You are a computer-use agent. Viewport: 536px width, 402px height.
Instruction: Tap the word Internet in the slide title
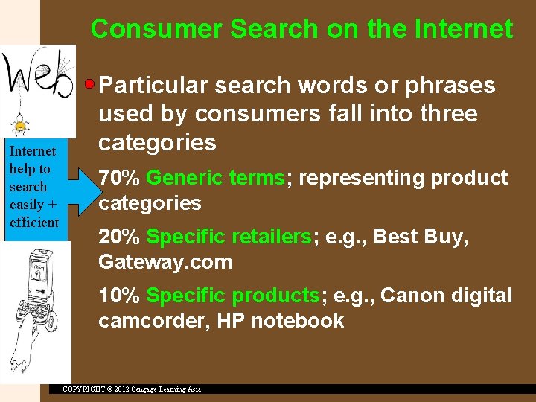468,29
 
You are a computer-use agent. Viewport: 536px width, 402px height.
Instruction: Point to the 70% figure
119,178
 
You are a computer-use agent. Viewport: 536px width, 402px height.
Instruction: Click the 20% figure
119,237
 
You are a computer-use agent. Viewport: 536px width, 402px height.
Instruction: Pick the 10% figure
119,296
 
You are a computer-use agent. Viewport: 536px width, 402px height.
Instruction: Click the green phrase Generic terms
215,178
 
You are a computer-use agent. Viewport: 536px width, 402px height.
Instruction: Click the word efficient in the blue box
34,223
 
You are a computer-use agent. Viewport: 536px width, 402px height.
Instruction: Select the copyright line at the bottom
131,389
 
